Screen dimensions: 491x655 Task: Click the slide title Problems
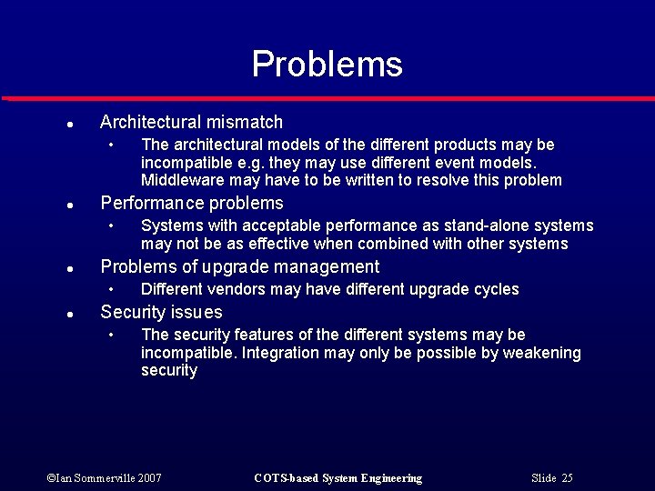[x=327, y=65]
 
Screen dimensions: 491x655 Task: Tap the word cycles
[x=497, y=289]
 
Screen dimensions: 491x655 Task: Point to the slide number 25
[x=567, y=478]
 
